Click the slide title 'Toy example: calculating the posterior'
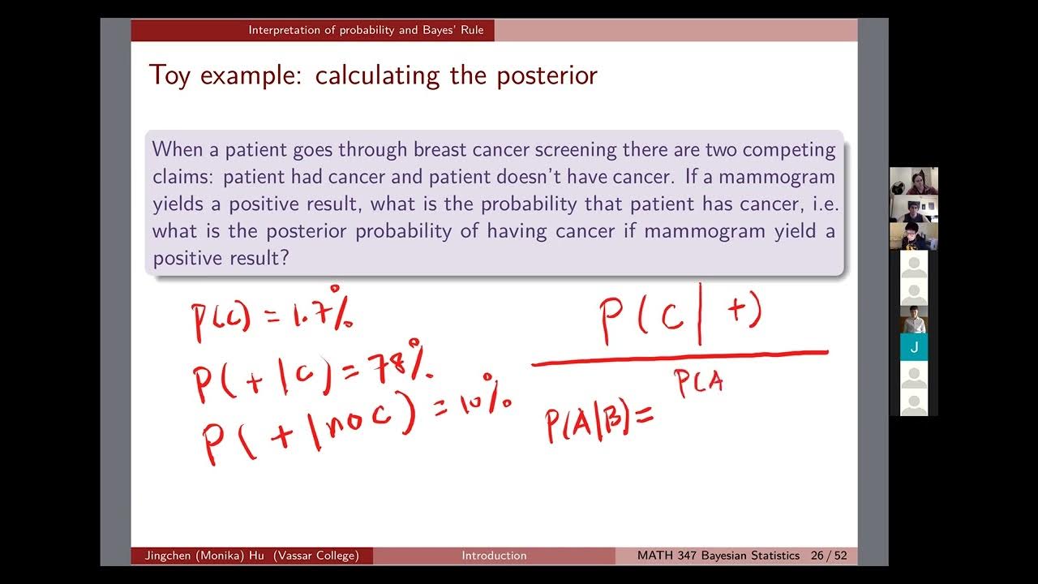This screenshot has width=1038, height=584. [x=373, y=75]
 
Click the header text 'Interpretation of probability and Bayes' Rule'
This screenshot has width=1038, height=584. [x=366, y=31]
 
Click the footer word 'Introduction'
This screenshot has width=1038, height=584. [x=494, y=556]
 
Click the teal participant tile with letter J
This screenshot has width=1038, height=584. [x=913, y=347]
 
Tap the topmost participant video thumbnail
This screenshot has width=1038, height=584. [x=913, y=181]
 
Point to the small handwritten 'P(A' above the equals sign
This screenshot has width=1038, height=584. [x=699, y=384]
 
